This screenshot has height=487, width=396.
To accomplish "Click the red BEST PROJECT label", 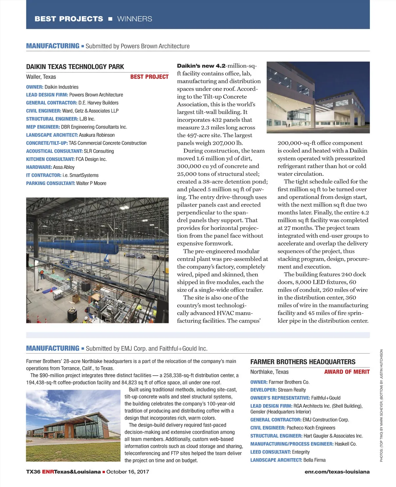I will tap(149, 77).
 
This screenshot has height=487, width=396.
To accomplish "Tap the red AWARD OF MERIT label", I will tap(347, 372).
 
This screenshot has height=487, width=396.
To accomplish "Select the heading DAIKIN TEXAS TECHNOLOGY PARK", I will tap(75, 67).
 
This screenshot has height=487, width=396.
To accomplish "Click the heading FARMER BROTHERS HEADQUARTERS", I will tap(303, 362).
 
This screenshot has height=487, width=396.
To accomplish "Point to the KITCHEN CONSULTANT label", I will tap(50, 159).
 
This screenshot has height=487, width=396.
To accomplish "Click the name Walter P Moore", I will tap(91, 183).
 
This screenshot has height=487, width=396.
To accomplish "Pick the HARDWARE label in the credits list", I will tap(39, 167).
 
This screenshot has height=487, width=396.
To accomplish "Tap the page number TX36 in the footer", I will tap(33, 472).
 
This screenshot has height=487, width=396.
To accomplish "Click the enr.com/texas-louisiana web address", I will tap(337, 472).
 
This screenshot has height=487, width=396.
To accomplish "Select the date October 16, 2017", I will tap(128, 472).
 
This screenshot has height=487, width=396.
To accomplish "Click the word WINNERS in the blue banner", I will tap(135, 19).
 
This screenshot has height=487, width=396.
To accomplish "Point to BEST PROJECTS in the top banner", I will tap(69, 19).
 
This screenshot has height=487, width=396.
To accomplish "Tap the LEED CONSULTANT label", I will tap(270, 452).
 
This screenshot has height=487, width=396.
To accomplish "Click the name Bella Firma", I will tap(314, 460).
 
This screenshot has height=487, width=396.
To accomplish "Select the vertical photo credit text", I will tap(381, 405).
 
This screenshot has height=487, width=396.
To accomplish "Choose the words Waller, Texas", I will tap(41, 77).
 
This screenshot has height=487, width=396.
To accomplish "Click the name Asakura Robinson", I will tap(97, 135).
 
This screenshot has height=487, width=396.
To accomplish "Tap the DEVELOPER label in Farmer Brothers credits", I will tap(263, 390).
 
